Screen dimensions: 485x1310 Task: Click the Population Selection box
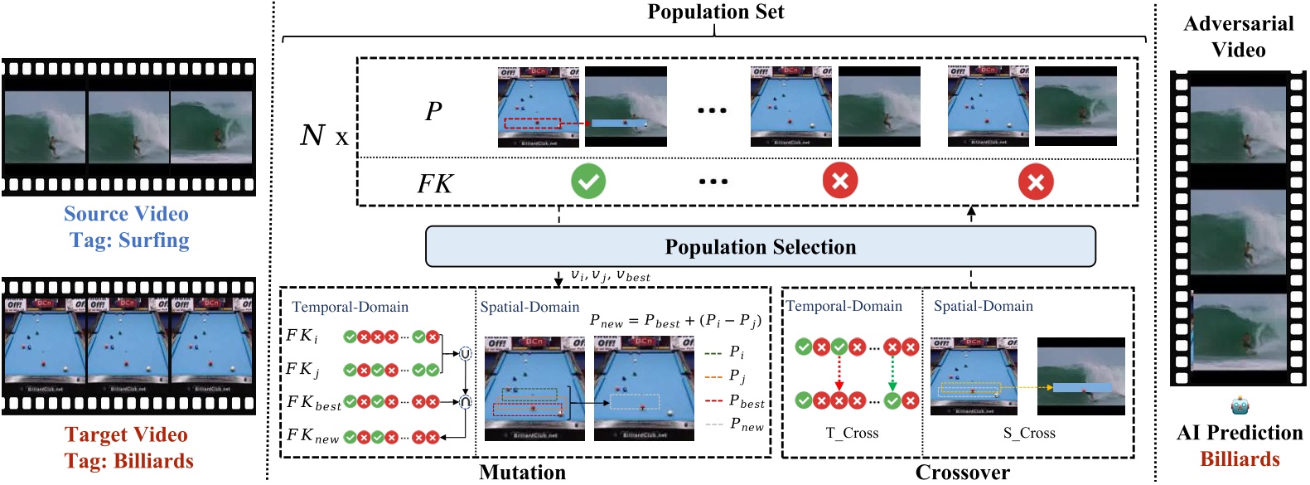[760, 247]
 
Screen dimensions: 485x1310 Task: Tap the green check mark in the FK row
[587, 181]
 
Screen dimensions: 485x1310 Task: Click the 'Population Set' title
[715, 12]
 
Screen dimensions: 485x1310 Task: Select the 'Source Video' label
[126, 214]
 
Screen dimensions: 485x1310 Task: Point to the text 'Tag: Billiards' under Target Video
[129, 461]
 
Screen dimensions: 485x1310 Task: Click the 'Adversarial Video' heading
[1238, 36]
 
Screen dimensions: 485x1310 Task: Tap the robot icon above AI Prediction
[1240, 406]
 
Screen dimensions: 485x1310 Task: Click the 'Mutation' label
[522, 473]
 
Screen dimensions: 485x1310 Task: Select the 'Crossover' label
[962, 473]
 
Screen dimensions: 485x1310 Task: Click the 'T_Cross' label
[852, 433]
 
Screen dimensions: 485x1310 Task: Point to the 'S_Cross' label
[1029, 433]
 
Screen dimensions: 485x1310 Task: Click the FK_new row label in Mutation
[312, 436]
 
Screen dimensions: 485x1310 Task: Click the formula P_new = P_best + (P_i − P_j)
[674, 321]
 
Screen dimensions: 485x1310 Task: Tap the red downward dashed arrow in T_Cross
[839, 374]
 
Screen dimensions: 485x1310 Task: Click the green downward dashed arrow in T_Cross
[892, 374]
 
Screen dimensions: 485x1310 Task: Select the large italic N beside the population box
[312, 135]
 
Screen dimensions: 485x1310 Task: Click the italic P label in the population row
[433, 111]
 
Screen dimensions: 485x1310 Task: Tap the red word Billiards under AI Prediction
[1240, 459]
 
